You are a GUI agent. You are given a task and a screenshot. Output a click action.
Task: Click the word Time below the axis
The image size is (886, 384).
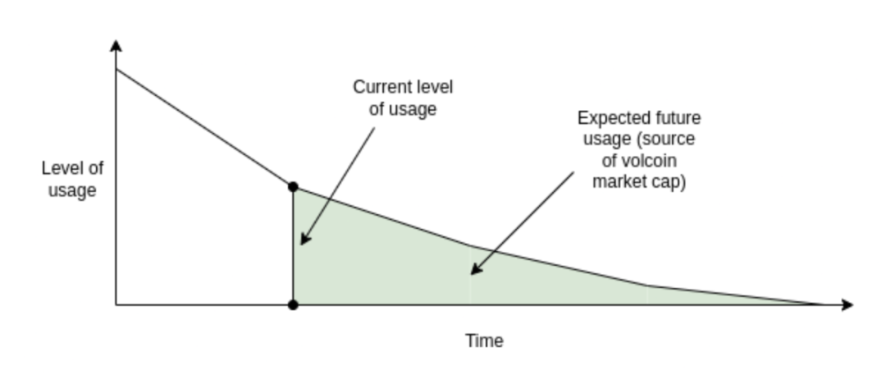pyautogui.click(x=484, y=341)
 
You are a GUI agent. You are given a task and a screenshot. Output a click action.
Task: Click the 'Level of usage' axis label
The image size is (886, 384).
pyautogui.click(x=73, y=180)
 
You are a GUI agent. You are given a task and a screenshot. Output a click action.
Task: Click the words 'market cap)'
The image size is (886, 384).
pyautogui.click(x=639, y=183)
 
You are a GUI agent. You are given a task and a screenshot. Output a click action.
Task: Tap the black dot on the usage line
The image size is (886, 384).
pyautogui.click(x=294, y=187)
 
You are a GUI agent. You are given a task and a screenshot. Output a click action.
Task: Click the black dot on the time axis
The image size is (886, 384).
pyautogui.click(x=294, y=305)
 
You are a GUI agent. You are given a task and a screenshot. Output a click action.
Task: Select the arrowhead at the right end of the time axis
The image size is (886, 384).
pyautogui.click(x=847, y=305)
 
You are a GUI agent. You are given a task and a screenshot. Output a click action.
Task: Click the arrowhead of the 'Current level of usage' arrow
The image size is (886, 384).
pyautogui.click(x=304, y=240)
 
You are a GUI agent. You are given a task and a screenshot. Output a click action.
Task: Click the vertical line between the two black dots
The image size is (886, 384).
pyautogui.click(x=294, y=246)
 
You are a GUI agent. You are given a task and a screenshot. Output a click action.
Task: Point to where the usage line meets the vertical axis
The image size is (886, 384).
pyautogui.click(x=116, y=70)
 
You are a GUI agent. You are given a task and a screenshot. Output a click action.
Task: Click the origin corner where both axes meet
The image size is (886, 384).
pyautogui.click(x=116, y=305)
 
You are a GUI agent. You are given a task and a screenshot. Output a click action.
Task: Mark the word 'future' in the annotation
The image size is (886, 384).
pyautogui.click(x=678, y=117)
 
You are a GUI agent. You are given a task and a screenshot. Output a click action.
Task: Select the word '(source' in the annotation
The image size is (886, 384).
pyautogui.click(x=670, y=139)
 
